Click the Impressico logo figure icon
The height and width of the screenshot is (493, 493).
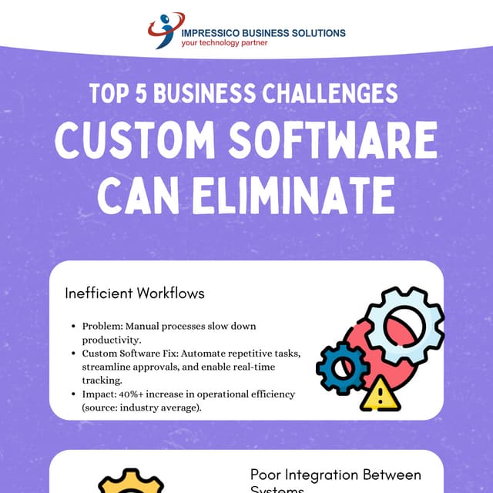[x=164, y=29]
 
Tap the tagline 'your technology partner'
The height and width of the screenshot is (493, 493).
[x=224, y=44]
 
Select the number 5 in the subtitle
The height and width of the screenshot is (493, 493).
[x=143, y=93]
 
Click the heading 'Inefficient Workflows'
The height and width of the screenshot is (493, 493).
[x=135, y=293]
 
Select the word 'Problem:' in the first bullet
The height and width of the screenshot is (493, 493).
[x=101, y=327]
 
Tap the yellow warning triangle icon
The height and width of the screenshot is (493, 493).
[x=380, y=394]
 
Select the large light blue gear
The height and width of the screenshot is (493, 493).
[x=404, y=323]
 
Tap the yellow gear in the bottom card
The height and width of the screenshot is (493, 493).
[x=132, y=483]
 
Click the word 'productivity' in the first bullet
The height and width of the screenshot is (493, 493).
[x=109, y=339]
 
